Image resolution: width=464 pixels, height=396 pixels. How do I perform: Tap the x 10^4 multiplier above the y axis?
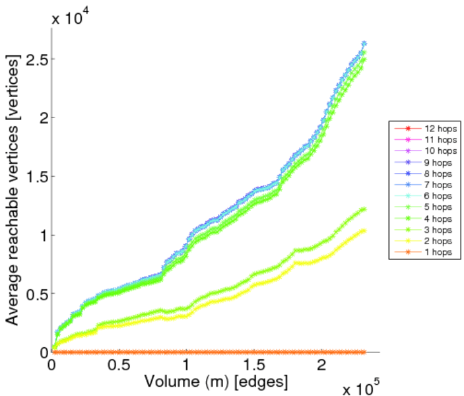coord(74,18)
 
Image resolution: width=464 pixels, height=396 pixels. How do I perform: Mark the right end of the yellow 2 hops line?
coord(364,230)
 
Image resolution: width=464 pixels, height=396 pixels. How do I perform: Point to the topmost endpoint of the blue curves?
coord(364,44)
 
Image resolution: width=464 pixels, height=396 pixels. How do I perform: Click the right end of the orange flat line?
coord(364,352)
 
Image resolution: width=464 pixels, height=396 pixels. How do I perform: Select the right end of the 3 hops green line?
coord(364,209)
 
